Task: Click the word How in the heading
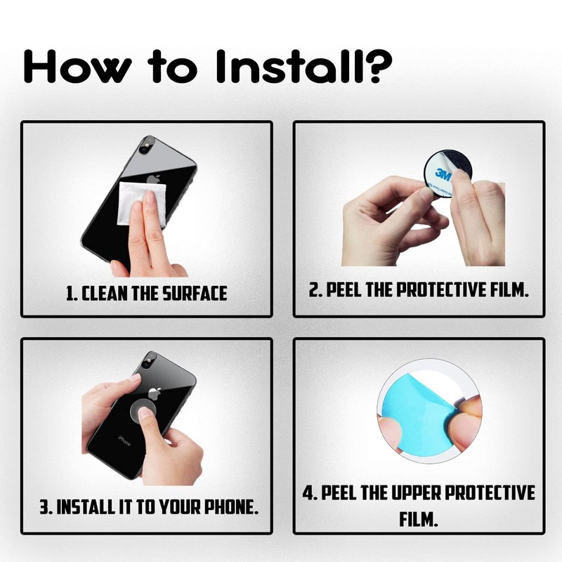77,66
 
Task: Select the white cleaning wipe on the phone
142,203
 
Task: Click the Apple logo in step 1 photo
153,180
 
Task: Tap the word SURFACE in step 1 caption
195,293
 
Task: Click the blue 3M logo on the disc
443,174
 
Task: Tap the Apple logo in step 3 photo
155,393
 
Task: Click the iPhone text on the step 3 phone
124,441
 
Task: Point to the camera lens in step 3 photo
145,365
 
